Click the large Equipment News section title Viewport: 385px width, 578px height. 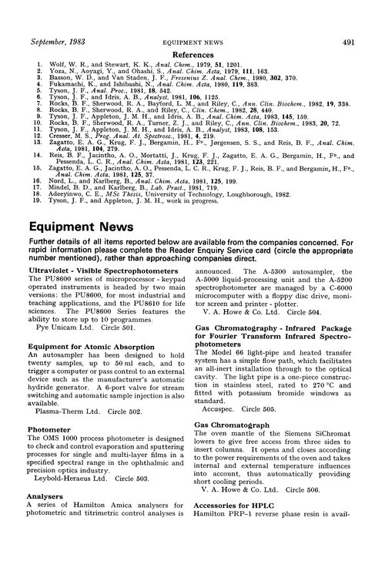75,228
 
